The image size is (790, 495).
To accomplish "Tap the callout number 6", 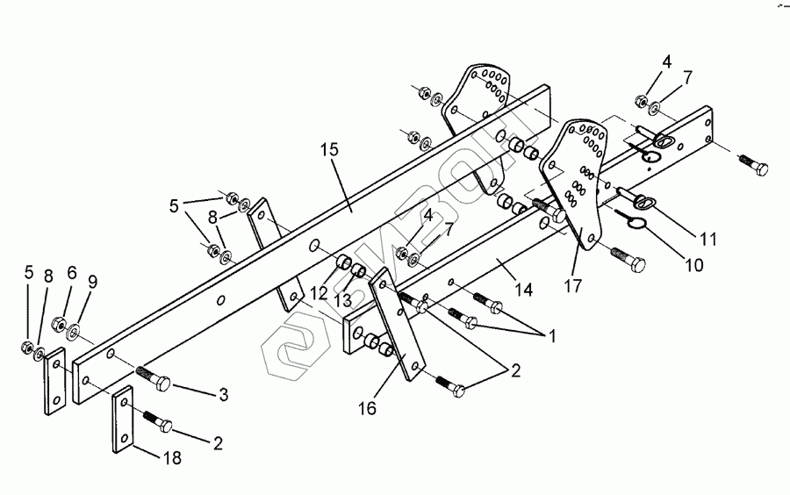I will (x=72, y=273).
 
